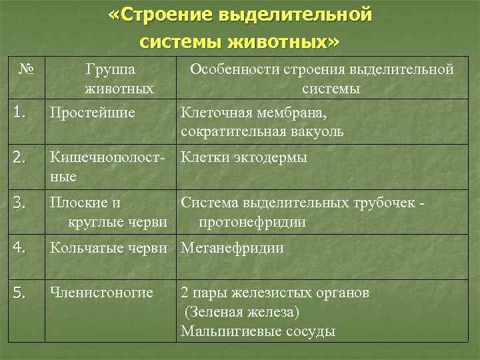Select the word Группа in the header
[x=110, y=69]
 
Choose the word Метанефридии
[x=232, y=248]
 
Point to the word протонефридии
[x=251, y=222]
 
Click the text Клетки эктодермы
[x=244, y=158]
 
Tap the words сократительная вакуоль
[x=262, y=131]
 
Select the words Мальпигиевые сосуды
[x=257, y=331]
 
